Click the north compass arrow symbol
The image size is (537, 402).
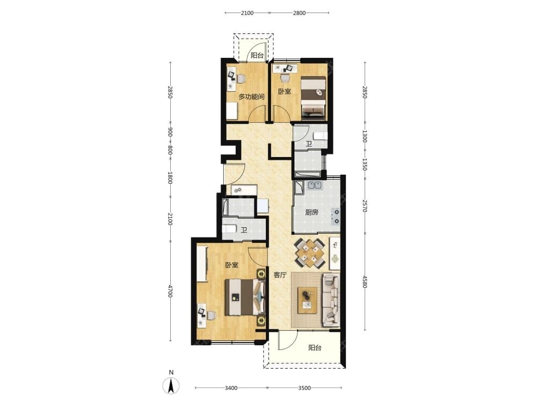[x=171, y=386]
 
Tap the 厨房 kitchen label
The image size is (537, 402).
[x=311, y=212]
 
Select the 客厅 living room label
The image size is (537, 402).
[x=280, y=275]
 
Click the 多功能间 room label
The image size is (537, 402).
[x=251, y=96]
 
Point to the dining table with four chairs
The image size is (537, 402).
[x=310, y=253]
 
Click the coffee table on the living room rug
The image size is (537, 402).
[x=307, y=300]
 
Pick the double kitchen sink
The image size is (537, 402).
[x=315, y=185]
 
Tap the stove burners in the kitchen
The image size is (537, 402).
[x=336, y=217]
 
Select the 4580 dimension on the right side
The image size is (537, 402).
[x=365, y=282]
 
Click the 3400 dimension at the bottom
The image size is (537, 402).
[x=231, y=388]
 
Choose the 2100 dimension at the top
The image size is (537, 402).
[x=247, y=13]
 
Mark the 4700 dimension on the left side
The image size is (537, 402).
[x=170, y=291]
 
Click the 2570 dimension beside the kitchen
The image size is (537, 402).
[x=365, y=206]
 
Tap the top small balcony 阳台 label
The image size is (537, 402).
[x=257, y=55]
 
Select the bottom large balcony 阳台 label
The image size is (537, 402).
[x=315, y=348]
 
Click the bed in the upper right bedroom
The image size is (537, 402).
[x=314, y=98]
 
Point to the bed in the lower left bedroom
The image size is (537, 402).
[x=245, y=297]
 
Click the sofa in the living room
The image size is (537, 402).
[x=330, y=300]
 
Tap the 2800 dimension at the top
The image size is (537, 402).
[x=299, y=13]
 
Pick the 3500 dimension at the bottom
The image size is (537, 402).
[x=304, y=388]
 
